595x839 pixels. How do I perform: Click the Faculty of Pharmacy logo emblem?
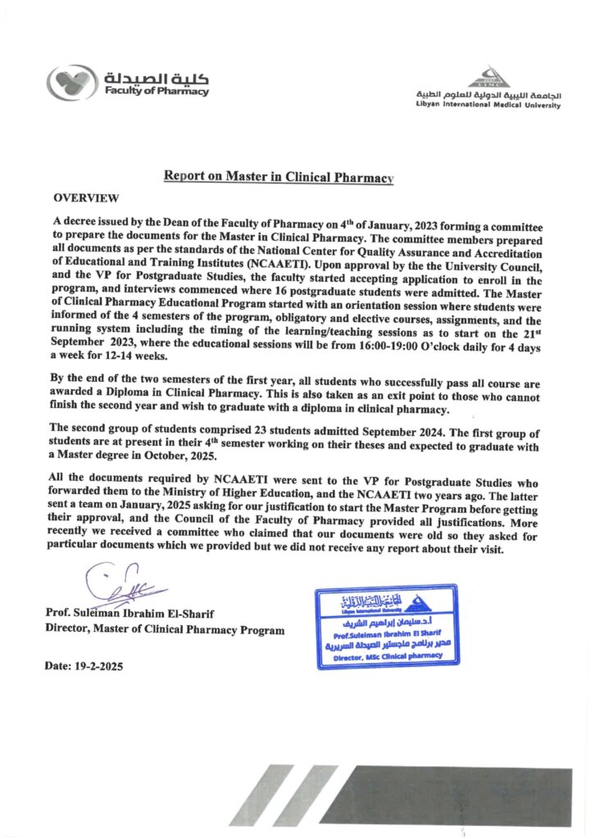pyautogui.click(x=72, y=84)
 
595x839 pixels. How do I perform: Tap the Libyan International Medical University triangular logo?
pyautogui.click(x=488, y=78)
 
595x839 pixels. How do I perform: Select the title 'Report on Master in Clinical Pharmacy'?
pyautogui.click(x=279, y=176)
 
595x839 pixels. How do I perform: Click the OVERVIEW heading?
pyautogui.click(x=86, y=198)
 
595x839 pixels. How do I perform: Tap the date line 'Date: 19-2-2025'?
pyautogui.click(x=84, y=667)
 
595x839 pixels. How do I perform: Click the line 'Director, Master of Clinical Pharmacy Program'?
pyautogui.click(x=165, y=630)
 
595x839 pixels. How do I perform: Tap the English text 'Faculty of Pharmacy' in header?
pyautogui.click(x=156, y=92)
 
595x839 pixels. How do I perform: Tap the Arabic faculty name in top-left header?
pyautogui.click(x=156, y=78)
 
